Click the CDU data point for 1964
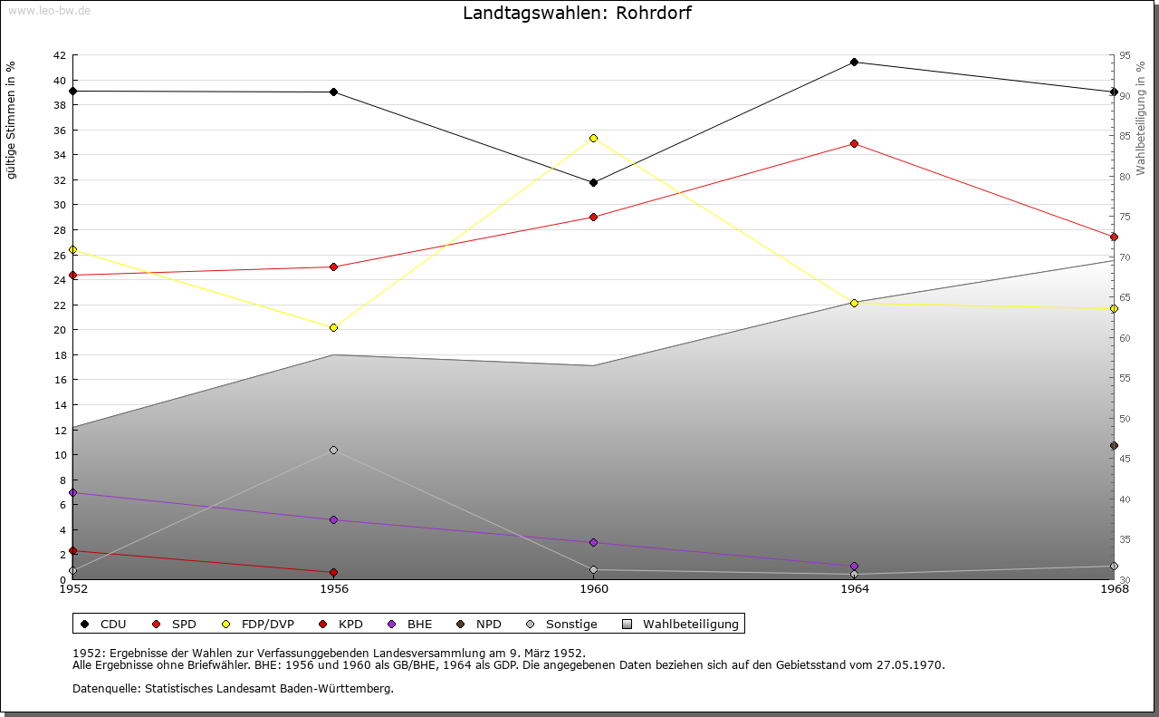click(854, 63)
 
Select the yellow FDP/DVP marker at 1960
click(593, 138)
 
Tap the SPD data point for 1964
click(854, 143)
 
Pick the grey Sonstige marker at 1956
click(333, 450)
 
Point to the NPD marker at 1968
click(1114, 445)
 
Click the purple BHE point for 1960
click(593, 542)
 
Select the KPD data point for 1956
click(333, 572)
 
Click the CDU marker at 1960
click(593, 182)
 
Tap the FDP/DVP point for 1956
click(333, 327)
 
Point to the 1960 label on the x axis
click(593, 589)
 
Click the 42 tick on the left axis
click(59, 55)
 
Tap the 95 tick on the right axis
click(1125, 55)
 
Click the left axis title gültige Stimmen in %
click(11, 121)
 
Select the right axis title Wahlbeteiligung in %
click(1141, 118)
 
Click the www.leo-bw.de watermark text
click(48, 11)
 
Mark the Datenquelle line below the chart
click(233, 688)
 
